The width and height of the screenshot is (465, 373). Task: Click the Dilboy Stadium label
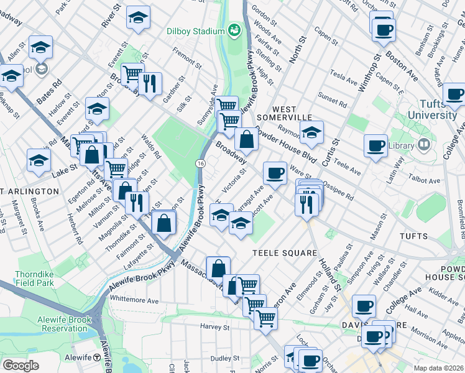coord(195,31)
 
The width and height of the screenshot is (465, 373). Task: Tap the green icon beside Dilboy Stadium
coord(234,30)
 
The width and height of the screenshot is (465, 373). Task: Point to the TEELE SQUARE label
coord(284,253)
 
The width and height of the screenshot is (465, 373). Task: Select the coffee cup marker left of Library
coord(375,146)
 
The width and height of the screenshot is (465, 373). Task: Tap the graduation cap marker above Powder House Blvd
coord(312,132)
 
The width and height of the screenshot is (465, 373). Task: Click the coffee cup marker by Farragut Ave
coord(275,173)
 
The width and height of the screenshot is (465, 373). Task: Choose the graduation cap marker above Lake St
coord(39,160)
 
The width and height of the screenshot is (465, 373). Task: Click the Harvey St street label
coord(211,326)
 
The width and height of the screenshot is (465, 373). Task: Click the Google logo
coord(21,365)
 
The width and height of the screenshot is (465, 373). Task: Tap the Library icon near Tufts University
coord(424,145)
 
